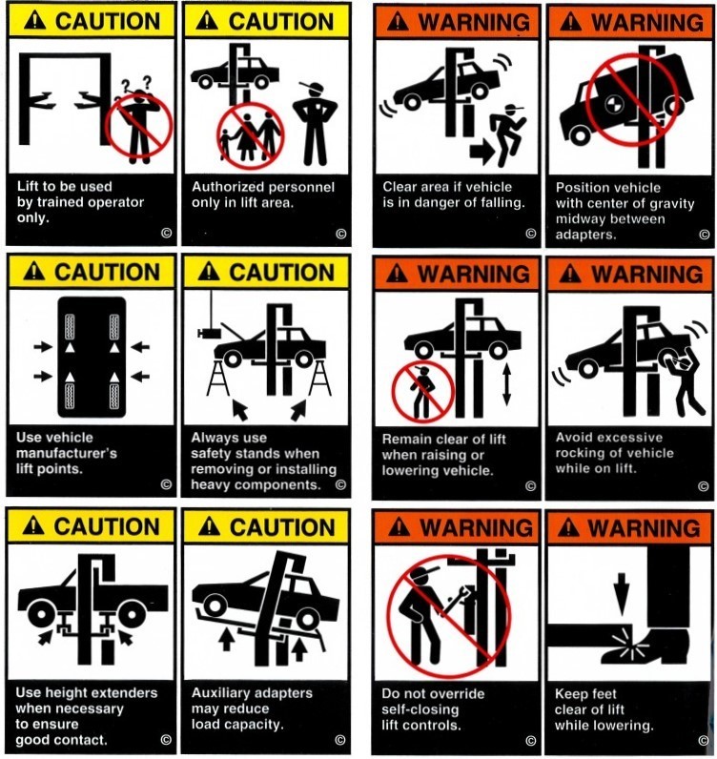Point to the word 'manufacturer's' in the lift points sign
click(x=67, y=454)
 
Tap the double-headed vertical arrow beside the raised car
click(x=506, y=384)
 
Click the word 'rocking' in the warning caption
click(x=580, y=454)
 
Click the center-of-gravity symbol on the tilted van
click(x=614, y=104)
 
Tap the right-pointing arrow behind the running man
click(x=481, y=152)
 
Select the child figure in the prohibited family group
click(x=225, y=144)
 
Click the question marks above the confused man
click(x=136, y=84)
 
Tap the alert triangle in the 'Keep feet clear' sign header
click(x=568, y=527)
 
